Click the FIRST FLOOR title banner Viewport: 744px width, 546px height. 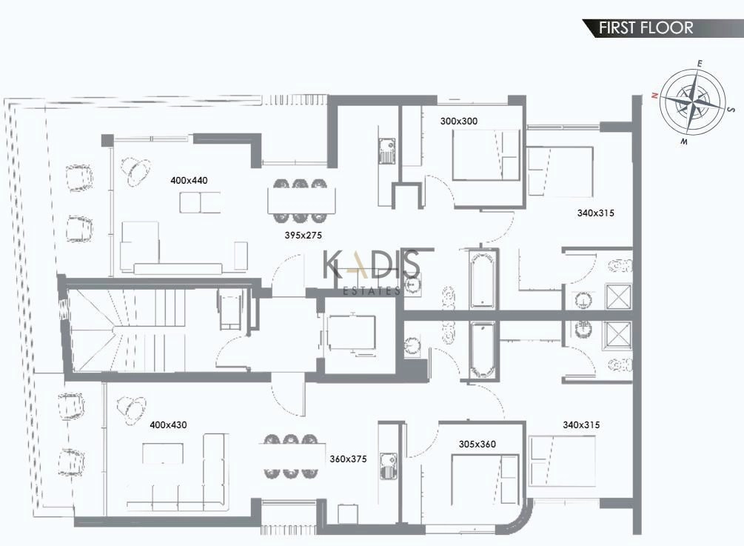[x=663, y=28]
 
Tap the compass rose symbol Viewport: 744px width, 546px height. [x=693, y=101]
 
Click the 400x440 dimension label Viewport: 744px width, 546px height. [x=189, y=181]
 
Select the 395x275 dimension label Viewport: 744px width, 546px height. [x=304, y=235]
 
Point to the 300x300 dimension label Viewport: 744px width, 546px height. [x=459, y=121]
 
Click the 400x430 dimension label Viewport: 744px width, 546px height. [x=168, y=425]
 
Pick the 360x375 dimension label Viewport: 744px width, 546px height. [x=348, y=459]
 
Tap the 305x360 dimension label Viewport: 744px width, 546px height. [x=477, y=445]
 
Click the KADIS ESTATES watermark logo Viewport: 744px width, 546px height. [x=371, y=272]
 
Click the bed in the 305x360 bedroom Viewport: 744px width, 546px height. [x=485, y=479]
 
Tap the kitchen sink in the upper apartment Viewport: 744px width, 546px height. [x=386, y=150]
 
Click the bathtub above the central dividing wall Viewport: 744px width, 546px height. [x=483, y=279]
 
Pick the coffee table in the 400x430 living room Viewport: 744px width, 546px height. [x=163, y=453]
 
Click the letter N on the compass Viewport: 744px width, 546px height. [x=654, y=96]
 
